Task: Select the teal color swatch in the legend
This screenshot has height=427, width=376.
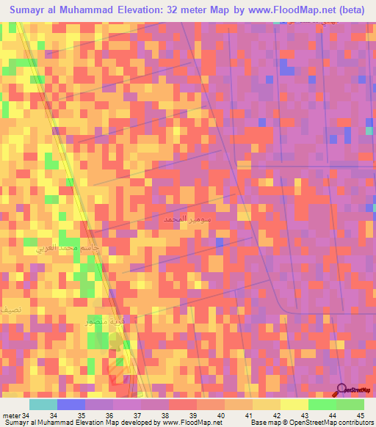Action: (x=43, y=404)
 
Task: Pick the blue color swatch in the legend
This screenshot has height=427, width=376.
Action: (x=70, y=404)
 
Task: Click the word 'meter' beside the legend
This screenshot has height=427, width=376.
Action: (x=10, y=416)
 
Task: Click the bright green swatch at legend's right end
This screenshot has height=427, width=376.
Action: (x=350, y=404)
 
